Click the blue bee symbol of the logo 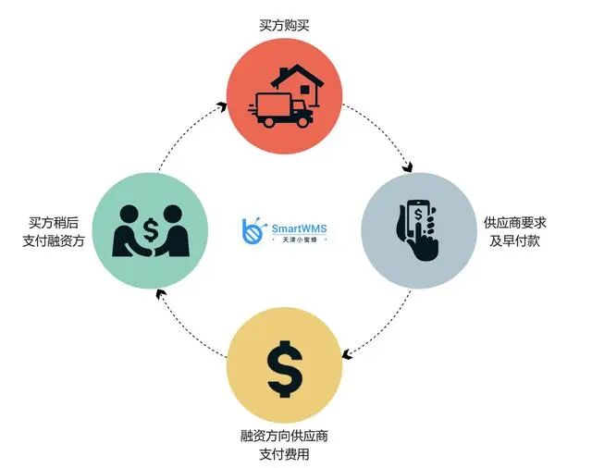point(252,231)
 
